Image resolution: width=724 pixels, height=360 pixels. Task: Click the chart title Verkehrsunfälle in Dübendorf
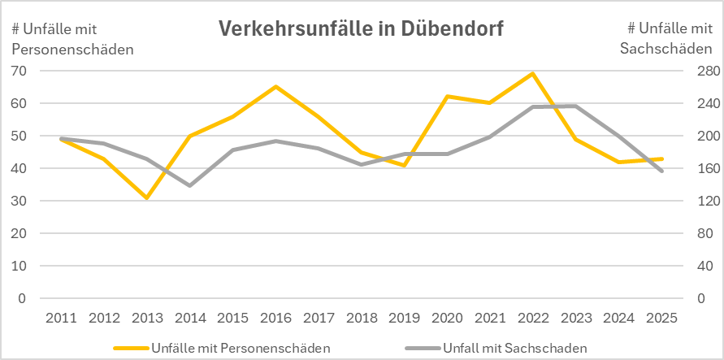(x=361, y=29)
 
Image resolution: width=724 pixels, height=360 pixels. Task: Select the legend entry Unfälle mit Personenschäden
(x=240, y=349)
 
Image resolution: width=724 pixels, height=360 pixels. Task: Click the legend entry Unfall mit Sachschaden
(x=514, y=349)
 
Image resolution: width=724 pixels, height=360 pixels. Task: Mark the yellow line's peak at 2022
(x=533, y=74)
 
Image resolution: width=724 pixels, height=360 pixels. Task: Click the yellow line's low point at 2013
(x=147, y=197)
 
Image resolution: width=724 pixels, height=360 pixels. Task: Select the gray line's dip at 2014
(x=190, y=186)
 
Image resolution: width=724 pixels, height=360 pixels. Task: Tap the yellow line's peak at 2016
(x=275, y=87)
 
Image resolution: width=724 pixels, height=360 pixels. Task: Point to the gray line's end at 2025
(x=662, y=171)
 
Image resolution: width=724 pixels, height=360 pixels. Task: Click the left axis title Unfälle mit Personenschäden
(x=72, y=39)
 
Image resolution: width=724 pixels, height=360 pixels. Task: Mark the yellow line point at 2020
(x=447, y=97)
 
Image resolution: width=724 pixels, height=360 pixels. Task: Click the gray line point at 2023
(x=576, y=106)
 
